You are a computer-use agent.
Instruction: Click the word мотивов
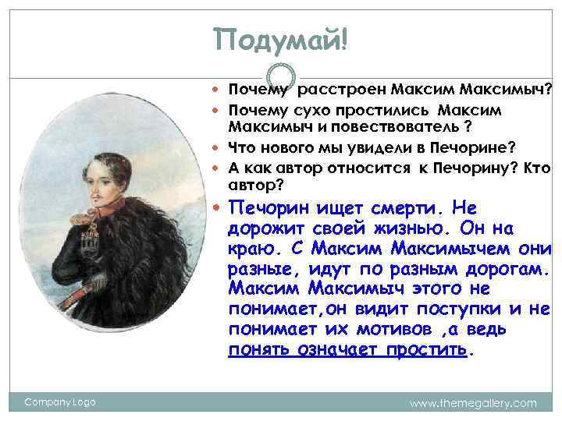click(388, 331)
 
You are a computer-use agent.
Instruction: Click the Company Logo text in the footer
click(59, 402)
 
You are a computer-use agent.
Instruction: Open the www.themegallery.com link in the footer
click(474, 403)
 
